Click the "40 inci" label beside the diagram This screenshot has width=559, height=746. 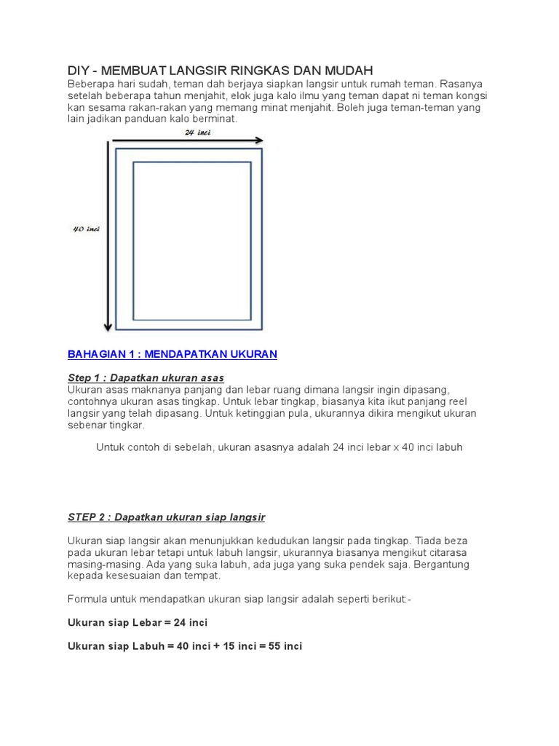[x=86, y=229]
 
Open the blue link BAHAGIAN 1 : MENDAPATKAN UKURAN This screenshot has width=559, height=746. [x=173, y=354]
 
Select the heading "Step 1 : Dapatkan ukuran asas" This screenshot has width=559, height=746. [x=146, y=378]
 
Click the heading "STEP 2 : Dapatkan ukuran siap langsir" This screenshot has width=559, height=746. [x=166, y=517]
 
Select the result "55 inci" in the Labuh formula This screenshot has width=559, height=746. [x=284, y=646]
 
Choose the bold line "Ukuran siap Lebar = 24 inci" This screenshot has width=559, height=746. [x=138, y=623]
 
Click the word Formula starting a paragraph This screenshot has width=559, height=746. [x=87, y=599]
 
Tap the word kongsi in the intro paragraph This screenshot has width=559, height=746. [x=470, y=95]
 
